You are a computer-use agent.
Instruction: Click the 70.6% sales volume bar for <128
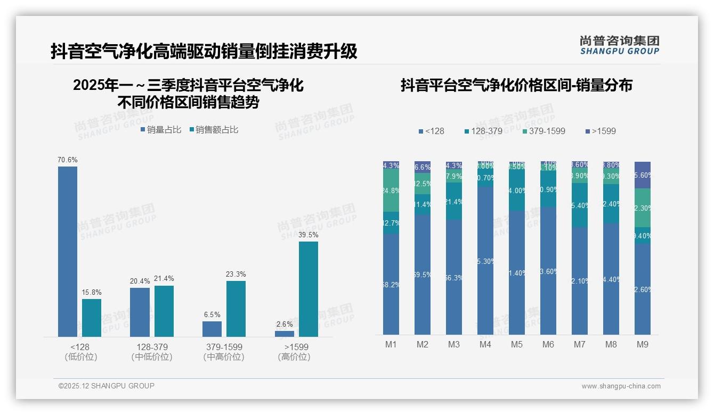click(68, 251)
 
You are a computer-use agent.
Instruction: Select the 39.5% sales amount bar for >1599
click(309, 289)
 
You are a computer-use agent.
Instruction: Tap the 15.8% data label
click(92, 293)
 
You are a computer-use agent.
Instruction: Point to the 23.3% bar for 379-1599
click(236, 309)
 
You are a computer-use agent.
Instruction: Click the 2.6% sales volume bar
click(285, 334)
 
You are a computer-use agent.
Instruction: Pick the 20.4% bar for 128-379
click(140, 312)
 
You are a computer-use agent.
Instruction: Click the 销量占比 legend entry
click(161, 130)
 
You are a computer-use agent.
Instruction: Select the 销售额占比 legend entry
click(214, 130)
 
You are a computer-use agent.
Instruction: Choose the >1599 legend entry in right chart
click(600, 131)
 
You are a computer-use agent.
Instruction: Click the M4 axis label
click(485, 345)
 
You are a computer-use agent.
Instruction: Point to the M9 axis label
click(643, 345)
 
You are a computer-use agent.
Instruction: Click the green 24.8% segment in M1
click(391, 190)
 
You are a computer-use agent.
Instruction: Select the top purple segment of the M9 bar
click(643, 175)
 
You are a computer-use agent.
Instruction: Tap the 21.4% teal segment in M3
click(454, 202)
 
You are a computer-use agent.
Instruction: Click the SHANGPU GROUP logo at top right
click(619, 45)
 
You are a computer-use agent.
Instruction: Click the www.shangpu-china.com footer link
click(621, 386)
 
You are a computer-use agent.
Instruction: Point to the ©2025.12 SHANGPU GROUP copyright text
click(107, 386)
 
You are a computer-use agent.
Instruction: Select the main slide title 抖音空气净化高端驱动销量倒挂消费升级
click(204, 52)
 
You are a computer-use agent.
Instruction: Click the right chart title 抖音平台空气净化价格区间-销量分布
click(516, 85)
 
